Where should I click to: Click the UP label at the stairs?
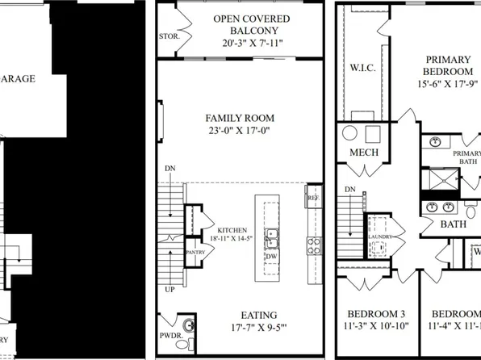coord(170,288)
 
